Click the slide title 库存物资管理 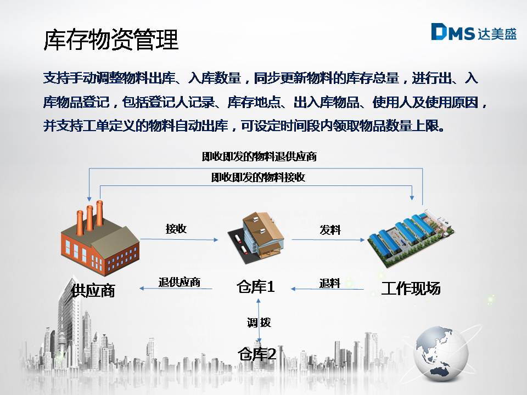(111, 39)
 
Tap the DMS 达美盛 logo (474, 32)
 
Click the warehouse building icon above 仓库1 (256, 236)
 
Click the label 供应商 (93, 290)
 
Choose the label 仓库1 (256, 286)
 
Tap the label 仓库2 (257, 354)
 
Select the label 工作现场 (411, 288)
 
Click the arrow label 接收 (176, 229)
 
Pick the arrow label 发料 (330, 230)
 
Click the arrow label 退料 (330, 283)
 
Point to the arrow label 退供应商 (180, 282)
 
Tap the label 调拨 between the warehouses (259, 323)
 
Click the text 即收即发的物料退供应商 (259, 156)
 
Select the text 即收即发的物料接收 (258, 177)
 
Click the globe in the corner (441, 353)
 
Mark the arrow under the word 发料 (328, 240)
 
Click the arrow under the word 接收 (179, 240)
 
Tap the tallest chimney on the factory (99, 213)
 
